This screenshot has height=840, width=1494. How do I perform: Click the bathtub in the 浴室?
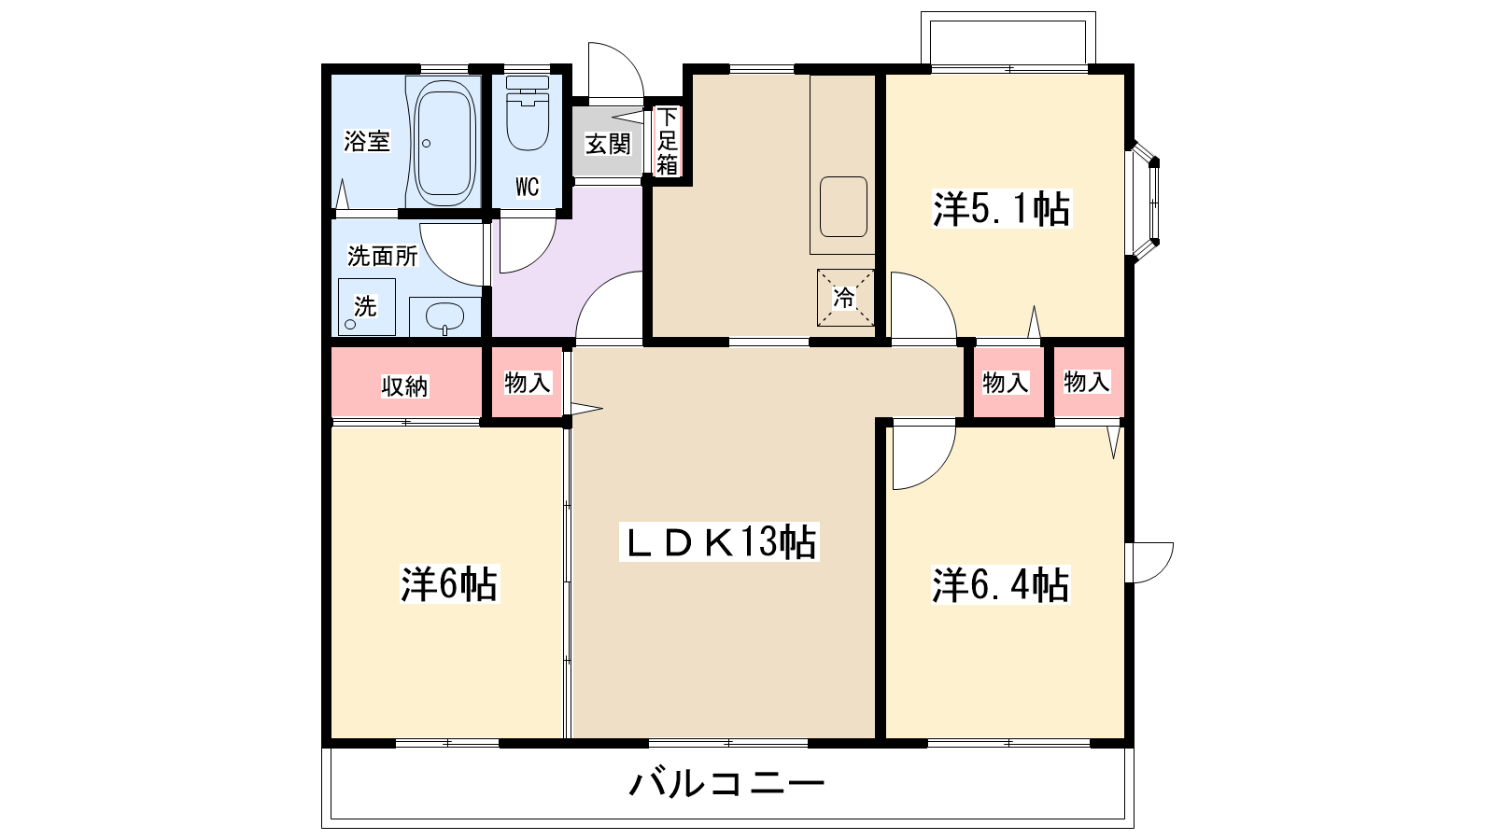click(x=444, y=143)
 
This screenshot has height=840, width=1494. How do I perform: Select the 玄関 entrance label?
click(x=608, y=144)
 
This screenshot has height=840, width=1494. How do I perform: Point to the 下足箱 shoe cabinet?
click(x=667, y=142)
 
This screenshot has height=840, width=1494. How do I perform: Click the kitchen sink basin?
click(x=843, y=206)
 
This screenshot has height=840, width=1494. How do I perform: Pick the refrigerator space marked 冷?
click(x=845, y=298)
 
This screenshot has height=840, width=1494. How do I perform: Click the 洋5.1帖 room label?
click(x=1001, y=209)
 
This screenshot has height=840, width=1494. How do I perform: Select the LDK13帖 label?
click(x=719, y=541)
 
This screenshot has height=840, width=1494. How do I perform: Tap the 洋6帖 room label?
click(x=449, y=584)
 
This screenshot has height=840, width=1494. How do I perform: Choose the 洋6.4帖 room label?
click(x=1000, y=585)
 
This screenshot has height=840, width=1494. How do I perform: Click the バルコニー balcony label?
click(x=726, y=782)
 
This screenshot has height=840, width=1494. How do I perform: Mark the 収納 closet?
click(x=405, y=385)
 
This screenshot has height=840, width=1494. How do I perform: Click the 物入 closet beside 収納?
click(x=528, y=383)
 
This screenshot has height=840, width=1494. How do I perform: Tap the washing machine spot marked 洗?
click(x=365, y=306)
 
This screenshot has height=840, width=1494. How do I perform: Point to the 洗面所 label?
click(x=383, y=255)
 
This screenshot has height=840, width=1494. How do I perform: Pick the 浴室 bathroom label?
click(x=367, y=142)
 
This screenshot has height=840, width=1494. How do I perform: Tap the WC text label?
click(x=528, y=187)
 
